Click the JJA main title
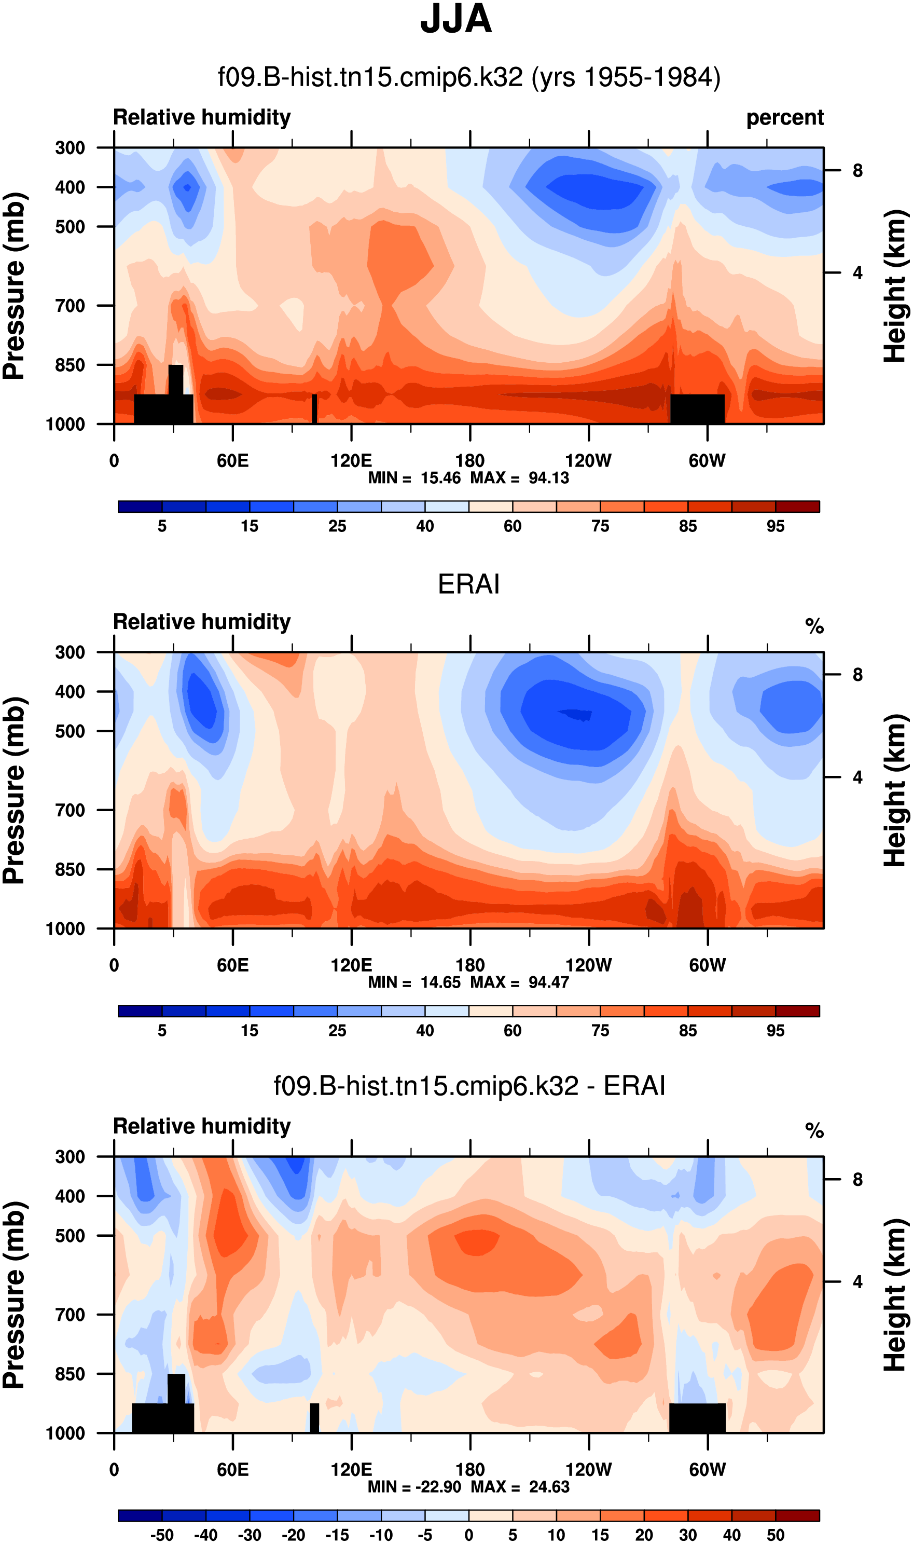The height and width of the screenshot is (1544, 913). click(x=456, y=20)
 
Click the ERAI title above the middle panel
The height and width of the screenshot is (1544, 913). click(x=468, y=584)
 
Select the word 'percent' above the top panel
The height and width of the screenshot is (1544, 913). click(x=784, y=117)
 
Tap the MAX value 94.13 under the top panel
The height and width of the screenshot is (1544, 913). click(x=549, y=478)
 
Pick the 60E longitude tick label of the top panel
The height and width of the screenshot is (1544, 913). click(x=232, y=461)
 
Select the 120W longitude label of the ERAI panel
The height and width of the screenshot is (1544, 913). click(x=588, y=965)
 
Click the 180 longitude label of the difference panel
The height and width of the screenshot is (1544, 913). click(x=470, y=1470)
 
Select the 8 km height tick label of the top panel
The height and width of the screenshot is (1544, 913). click(x=857, y=170)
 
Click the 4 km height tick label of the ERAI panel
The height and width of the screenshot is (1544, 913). click(x=857, y=778)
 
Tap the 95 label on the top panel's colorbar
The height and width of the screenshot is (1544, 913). click(x=775, y=527)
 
